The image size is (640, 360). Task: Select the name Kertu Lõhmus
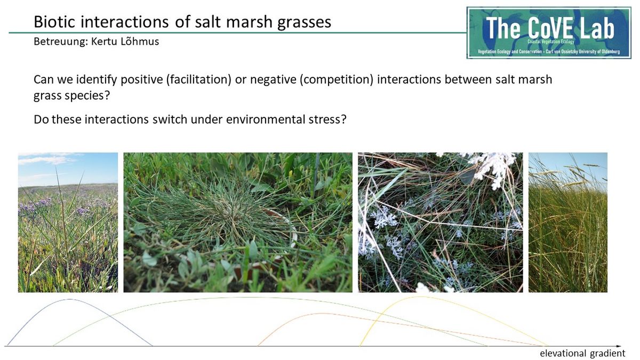tap(125, 42)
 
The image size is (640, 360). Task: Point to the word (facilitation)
tap(198, 79)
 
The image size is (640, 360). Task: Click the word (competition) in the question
tap(337, 79)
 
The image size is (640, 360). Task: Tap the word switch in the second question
tap(170, 119)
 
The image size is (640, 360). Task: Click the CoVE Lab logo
tap(549, 33)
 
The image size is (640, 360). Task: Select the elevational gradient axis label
tap(582, 353)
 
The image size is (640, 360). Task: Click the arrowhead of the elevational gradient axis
tap(619, 346)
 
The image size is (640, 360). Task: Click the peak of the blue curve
tap(70, 299)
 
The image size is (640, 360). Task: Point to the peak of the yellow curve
tap(421, 297)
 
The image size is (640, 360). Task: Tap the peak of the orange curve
tap(322, 314)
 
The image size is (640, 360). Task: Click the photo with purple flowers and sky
tap(68, 222)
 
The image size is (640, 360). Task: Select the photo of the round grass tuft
tap(238, 222)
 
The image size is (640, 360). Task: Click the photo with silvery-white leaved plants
tap(441, 222)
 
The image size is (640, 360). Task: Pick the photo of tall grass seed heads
tap(568, 222)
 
